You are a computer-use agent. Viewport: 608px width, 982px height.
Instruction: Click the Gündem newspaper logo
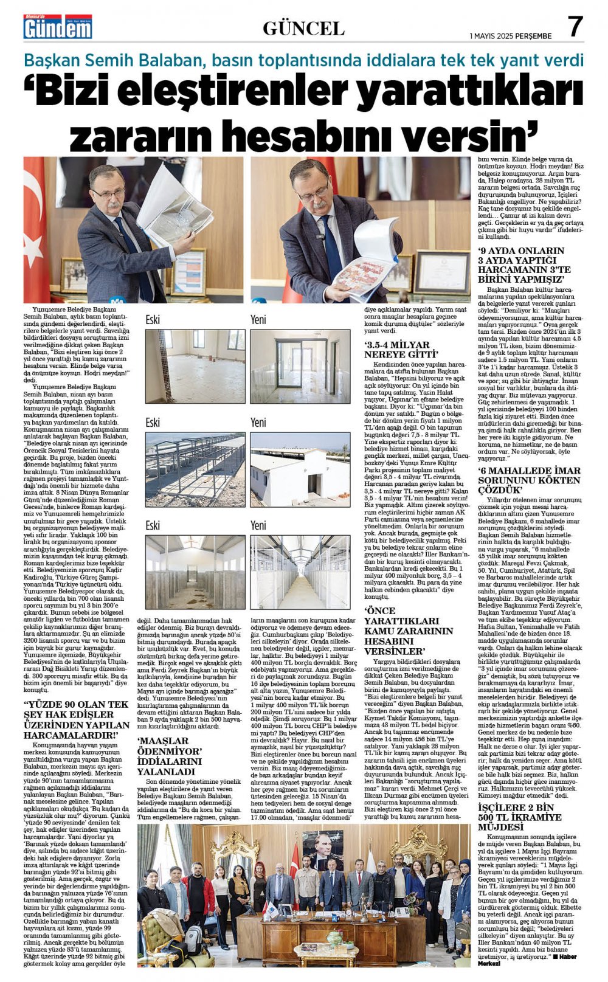pyautogui.click(x=58, y=27)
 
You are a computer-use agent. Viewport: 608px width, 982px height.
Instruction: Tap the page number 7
pyautogui.click(x=575, y=27)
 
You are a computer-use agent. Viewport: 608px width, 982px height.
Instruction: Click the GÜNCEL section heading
pyautogui.click(x=303, y=28)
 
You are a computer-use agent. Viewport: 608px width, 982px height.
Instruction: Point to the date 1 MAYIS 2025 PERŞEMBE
pyautogui.click(x=511, y=36)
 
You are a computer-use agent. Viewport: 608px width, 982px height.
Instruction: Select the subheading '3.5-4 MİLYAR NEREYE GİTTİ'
pyautogui.click(x=401, y=349)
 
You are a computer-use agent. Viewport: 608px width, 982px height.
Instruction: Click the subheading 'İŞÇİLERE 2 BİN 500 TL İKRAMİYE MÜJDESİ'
pyautogui.click(x=516, y=817)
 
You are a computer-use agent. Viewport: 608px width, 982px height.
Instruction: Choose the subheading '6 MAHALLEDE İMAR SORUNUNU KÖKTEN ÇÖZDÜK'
pyautogui.click(x=529, y=480)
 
